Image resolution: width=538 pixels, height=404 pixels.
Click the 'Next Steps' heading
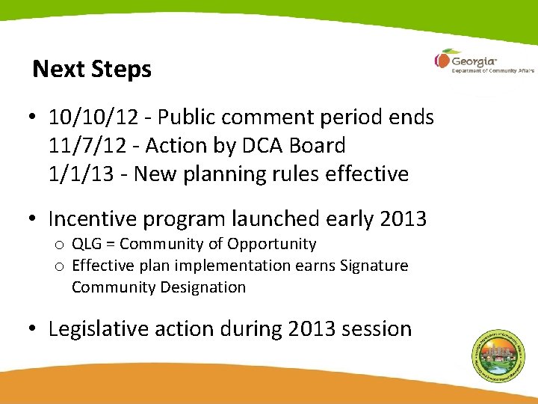(92, 70)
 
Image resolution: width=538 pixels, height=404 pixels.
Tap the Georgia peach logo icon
(443, 60)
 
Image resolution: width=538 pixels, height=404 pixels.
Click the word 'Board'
(322, 146)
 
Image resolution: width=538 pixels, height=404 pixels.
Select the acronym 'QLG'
(87, 244)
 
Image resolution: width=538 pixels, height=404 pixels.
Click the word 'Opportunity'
(271, 244)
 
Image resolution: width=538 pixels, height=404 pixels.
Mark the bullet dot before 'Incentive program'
(34, 220)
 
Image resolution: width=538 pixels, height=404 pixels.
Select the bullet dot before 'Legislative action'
(34, 330)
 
